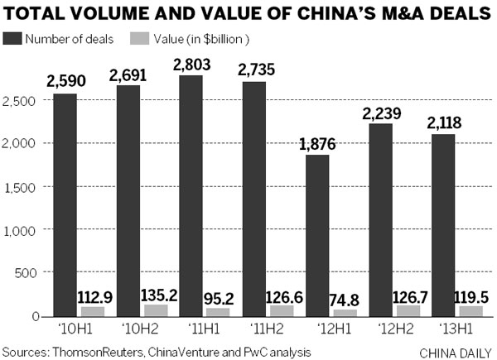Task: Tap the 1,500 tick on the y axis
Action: pos(18,187)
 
